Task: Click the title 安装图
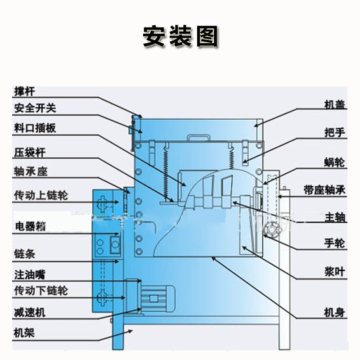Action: coord(180,36)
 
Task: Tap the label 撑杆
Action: coord(25,92)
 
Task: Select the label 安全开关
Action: coord(35,108)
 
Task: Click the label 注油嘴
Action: coord(30,273)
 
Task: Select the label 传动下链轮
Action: coord(41,290)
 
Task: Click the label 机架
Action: coord(24,333)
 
